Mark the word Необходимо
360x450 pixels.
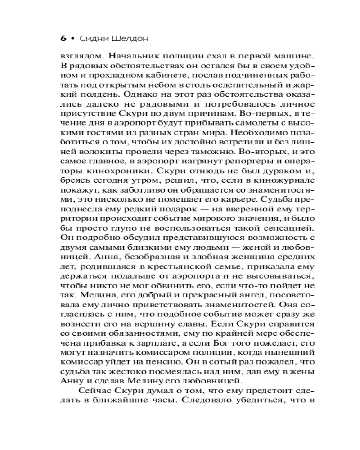(x=252, y=135)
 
